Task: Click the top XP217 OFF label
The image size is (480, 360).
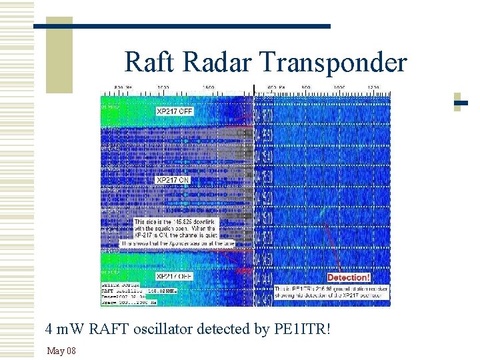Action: (x=175, y=111)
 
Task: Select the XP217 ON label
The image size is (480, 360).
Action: (x=173, y=180)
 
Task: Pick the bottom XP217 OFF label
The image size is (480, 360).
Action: (x=175, y=275)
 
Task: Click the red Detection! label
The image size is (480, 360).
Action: (x=348, y=277)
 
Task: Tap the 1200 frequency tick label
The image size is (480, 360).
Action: (x=373, y=87)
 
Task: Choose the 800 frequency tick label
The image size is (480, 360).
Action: (x=306, y=87)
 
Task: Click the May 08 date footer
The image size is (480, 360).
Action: (x=61, y=351)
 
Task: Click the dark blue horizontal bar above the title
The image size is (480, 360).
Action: (x=181, y=26)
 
